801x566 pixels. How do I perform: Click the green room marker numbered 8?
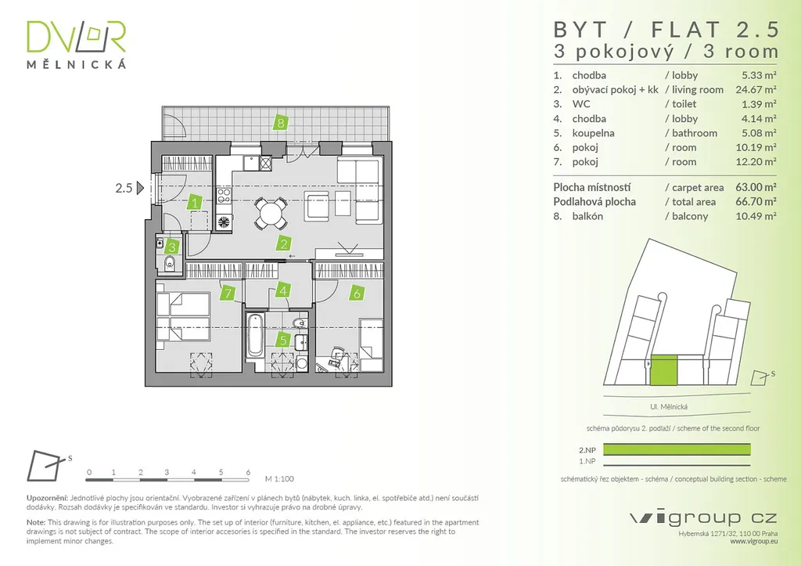click(x=280, y=122)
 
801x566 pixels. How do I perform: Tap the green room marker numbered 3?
click(x=173, y=246)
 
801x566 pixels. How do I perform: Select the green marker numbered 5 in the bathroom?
click(x=283, y=341)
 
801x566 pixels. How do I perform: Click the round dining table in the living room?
click(x=269, y=214)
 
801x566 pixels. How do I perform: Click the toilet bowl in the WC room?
click(x=167, y=261)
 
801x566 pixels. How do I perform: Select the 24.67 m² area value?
click(x=758, y=90)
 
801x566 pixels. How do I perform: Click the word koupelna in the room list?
click(x=593, y=133)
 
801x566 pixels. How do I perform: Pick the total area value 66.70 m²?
click(x=758, y=202)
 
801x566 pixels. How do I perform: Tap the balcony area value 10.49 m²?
click(x=758, y=217)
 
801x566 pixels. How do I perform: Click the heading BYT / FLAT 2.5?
click(x=666, y=30)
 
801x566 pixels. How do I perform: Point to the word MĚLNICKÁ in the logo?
click(x=76, y=65)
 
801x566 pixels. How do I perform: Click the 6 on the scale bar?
click(x=247, y=473)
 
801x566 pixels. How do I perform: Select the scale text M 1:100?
click(x=280, y=478)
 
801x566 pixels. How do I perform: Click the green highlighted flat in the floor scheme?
click(x=664, y=370)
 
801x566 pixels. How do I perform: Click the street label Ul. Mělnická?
click(x=668, y=407)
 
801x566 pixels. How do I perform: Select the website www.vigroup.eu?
click(x=753, y=540)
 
